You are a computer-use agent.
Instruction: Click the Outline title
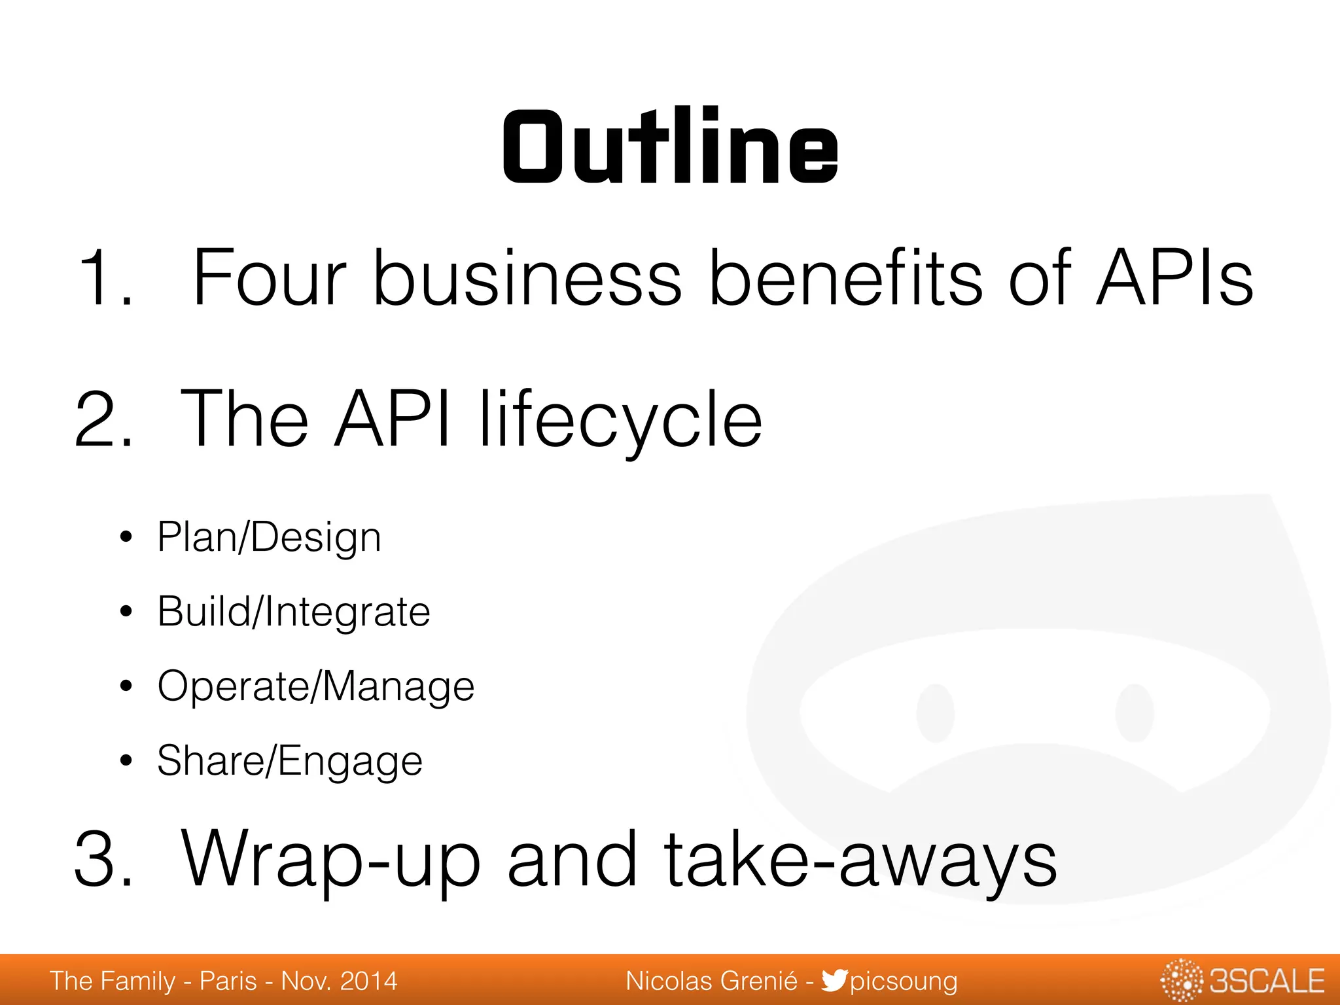point(670,147)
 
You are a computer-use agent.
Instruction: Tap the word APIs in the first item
point(1174,277)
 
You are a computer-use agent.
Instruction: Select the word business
point(527,277)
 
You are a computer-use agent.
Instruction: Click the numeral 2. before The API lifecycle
point(105,419)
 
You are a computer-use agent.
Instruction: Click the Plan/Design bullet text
point(269,538)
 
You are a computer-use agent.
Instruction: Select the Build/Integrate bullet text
point(294,612)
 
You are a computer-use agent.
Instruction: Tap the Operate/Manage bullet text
point(316,687)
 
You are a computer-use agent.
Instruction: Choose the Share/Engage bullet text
point(290,762)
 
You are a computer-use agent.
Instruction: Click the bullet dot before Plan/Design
point(126,538)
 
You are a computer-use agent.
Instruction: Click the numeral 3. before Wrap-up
point(105,858)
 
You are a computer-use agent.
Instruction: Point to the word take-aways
point(860,858)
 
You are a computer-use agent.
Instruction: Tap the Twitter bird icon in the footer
point(834,980)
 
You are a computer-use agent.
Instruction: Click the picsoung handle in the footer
point(904,981)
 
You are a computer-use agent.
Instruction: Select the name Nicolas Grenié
point(711,981)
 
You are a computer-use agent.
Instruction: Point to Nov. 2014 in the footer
point(339,981)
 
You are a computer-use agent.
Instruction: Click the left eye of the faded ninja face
point(935,713)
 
